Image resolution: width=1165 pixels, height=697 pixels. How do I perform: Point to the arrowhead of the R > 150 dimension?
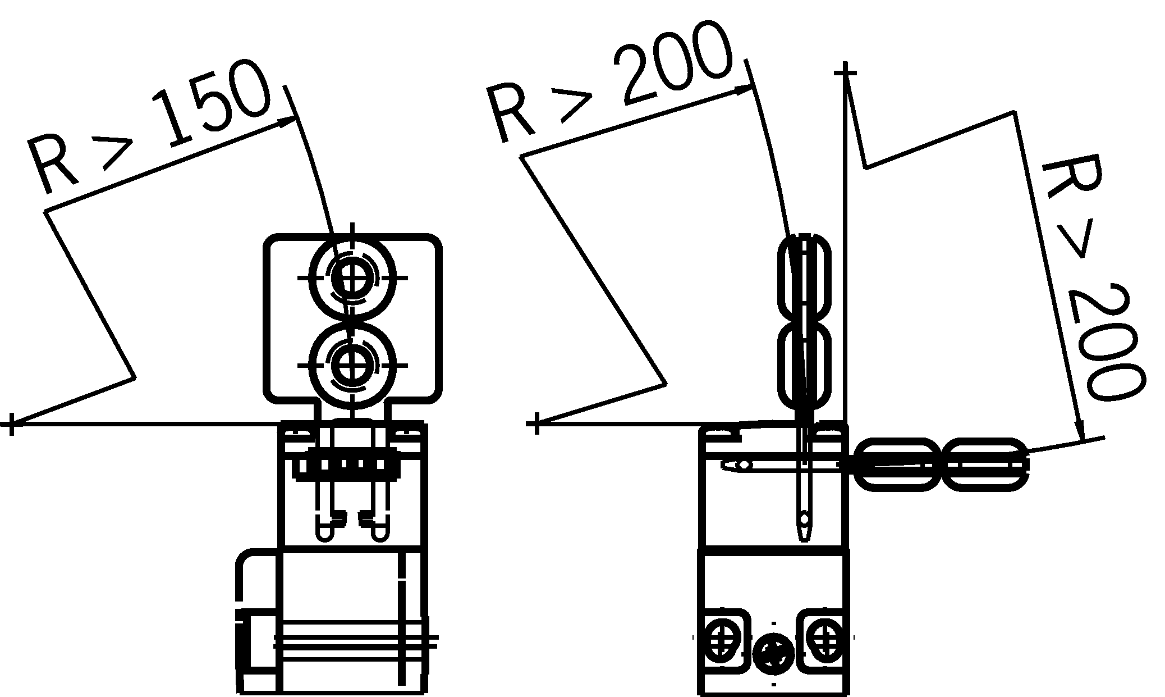[x=287, y=122]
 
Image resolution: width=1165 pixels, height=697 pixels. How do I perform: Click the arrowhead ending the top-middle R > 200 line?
[x=742, y=90]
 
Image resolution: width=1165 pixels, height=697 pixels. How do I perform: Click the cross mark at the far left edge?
[x=10, y=423]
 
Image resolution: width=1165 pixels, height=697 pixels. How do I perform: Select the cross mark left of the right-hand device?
[x=536, y=423]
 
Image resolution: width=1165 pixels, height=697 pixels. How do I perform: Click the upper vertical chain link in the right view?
[x=804, y=279]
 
